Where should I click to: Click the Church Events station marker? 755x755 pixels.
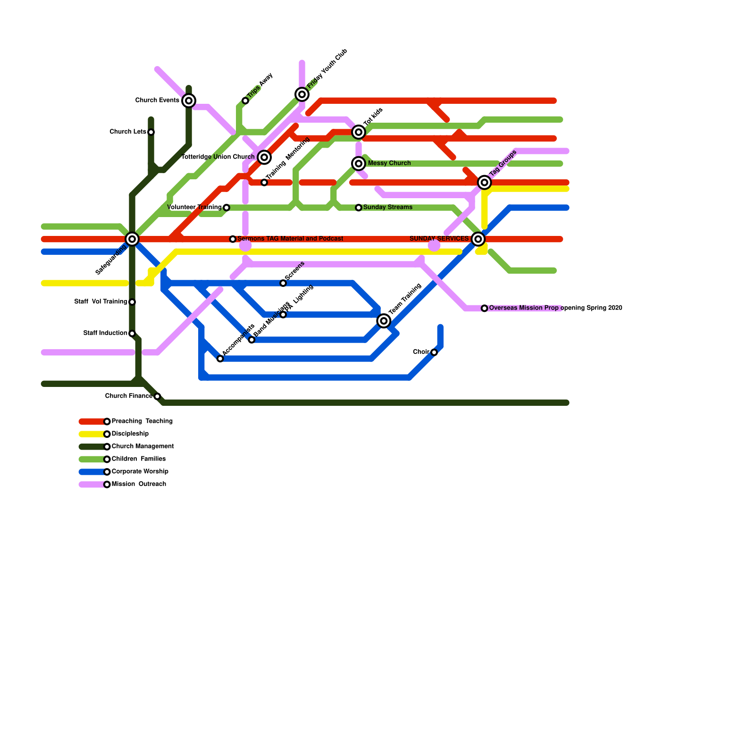point(189,101)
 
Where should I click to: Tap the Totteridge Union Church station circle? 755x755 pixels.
point(264,157)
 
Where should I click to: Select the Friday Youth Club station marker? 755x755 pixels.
point(302,94)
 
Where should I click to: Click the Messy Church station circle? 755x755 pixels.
point(359,163)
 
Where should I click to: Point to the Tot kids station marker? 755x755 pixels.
point(359,132)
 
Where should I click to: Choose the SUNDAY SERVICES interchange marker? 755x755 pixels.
point(478,239)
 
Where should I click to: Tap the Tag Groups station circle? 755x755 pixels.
point(484,182)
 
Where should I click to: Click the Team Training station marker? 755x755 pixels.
point(384,321)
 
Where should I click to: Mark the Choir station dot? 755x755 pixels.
point(434,352)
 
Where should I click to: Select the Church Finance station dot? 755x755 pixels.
point(157,396)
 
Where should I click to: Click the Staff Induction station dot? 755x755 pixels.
point(132,333)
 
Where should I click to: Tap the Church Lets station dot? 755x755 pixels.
point(151,132)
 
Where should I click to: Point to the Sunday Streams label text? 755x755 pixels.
point(388,207)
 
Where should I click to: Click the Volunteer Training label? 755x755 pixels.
point(194,207)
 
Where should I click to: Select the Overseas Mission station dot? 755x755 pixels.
point(484,308)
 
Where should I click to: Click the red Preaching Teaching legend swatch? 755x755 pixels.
point(92,421)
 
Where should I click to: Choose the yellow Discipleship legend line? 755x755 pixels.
point(92,434)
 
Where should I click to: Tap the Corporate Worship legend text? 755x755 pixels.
point(140,471)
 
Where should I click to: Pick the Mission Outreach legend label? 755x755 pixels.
point(139,484)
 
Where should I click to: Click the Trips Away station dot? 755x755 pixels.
point(245,101)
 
